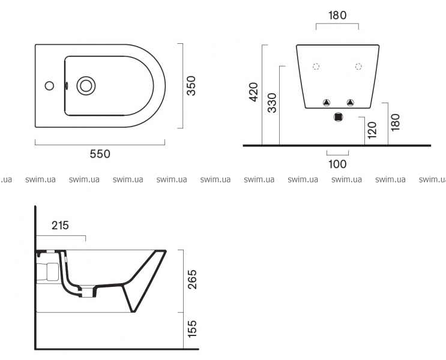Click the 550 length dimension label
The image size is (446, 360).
pyautogui.click(x=100, y=154)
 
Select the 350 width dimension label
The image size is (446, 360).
pyautogui.click(x=191, y=86)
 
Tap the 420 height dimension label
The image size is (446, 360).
pyautogui.click(x=253, y=92)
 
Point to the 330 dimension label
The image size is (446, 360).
pyautogui.click(x=272, y=103)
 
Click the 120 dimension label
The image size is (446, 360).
pyautogui.click(x=372, y=130)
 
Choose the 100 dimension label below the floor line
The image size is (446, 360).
pyautogui.click(x=337, y=164)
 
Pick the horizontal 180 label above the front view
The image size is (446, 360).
pyautogui.click(x=337, y=15)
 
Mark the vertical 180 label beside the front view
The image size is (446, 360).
pyautogui.click(x=396, y=122)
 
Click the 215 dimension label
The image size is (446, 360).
pyautogui.click(x=60, y=225)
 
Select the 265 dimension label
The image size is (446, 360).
pyautogui.click(x=192, y=279)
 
